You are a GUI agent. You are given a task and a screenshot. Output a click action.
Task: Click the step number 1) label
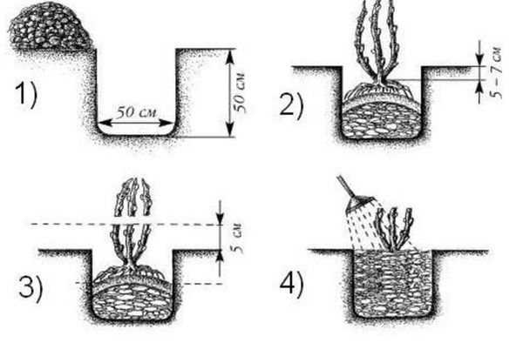[x=25, y=95]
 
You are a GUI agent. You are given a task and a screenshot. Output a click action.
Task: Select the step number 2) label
[x=291, y=105]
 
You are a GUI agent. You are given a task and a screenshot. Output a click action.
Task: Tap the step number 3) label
[x=31, y=288]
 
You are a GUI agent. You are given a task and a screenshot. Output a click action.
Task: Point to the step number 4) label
[x=291, y=285]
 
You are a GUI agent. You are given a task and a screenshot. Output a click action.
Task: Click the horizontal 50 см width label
[x=136, y=112]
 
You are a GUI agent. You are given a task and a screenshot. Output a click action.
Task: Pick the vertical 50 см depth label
[x=241, y=92]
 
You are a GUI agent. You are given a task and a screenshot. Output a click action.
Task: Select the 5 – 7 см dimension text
[x=496, y=72]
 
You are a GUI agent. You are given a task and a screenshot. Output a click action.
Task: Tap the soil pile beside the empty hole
[x=50, y=26]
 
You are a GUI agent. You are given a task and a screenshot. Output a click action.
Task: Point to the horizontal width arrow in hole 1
[x=136, y=123]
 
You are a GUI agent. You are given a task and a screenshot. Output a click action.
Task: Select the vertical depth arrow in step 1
[x=230, y=92]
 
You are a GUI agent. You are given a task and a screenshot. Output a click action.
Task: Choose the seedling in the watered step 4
[x=394, y=230]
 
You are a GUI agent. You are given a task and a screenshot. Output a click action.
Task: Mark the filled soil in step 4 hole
[x=392, y=283]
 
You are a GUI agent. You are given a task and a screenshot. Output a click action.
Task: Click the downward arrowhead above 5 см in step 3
[x=221, y=218]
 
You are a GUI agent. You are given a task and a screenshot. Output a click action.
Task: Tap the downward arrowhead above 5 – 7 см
[x=479, y=59]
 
